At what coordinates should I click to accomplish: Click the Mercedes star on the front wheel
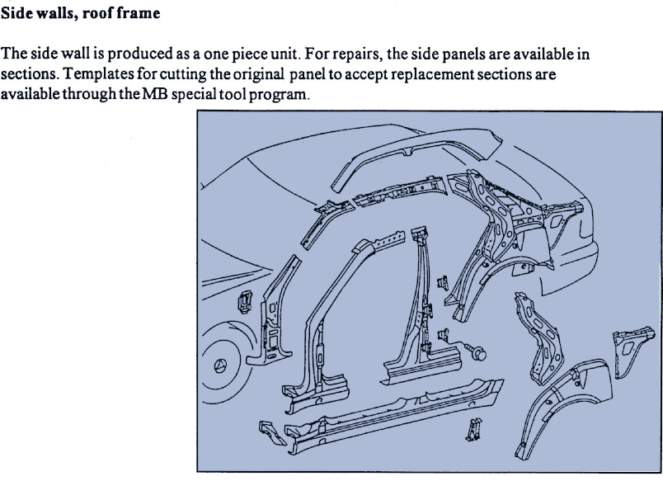tap(220, 365)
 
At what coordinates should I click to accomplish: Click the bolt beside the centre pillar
tap(475, 351)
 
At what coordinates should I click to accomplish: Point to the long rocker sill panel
tap(393, 413)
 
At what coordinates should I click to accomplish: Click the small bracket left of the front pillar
tap(245, 302)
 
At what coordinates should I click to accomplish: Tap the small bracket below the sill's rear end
tap(473, 429)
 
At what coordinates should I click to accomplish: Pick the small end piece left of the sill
tap(271, 431)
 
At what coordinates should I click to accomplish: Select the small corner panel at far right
tap(632, 351)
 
